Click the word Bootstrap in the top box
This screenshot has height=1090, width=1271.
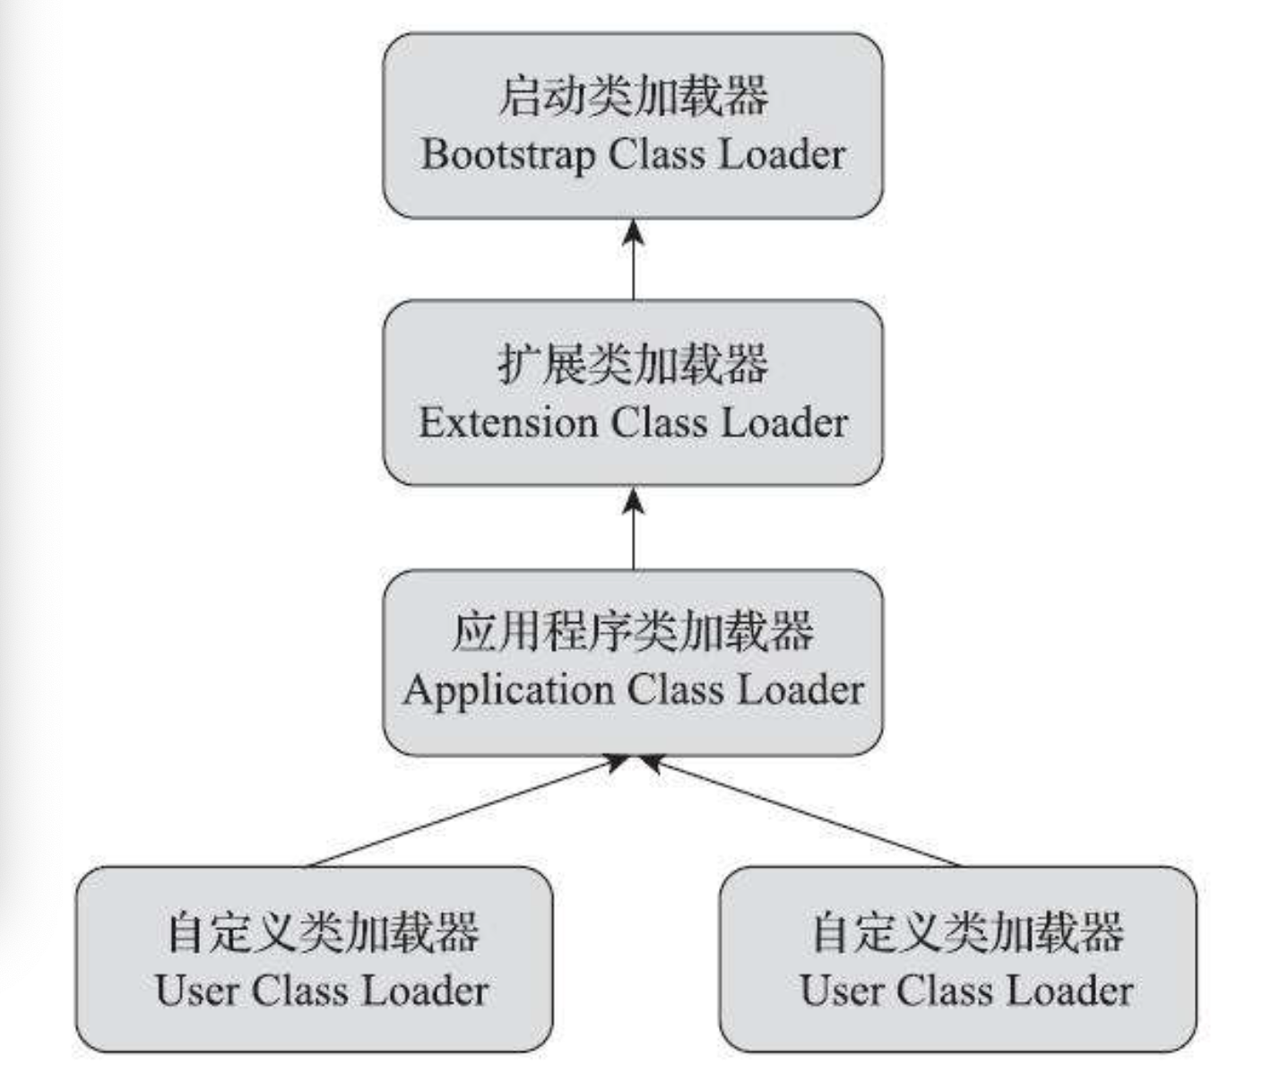[507, 155]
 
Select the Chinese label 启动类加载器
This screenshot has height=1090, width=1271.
[633, 96]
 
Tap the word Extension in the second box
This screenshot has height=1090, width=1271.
[507, 423]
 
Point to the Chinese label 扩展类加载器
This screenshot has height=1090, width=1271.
[633, 364]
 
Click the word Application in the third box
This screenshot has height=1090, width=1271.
[506, 690]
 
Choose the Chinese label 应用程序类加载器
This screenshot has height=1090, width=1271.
[633, 631]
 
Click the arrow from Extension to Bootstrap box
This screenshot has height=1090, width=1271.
[634, 260]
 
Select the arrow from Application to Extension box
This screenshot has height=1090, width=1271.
[634, 528]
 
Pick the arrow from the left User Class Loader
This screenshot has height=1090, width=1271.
[466, 812]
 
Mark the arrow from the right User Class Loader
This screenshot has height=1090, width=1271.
[802, 812]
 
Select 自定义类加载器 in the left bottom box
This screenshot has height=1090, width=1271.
[323, 931]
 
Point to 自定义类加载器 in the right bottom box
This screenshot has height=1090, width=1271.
[967, 931]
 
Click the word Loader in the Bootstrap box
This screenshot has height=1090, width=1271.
[782, 155]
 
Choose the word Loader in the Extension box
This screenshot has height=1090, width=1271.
[784, 423]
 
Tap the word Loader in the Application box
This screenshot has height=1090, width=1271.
[800, 690]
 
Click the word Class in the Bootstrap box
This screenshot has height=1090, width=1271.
[657, 155]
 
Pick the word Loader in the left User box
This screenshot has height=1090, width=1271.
[425, 991]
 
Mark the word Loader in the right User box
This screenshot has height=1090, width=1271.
[1069, 991]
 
